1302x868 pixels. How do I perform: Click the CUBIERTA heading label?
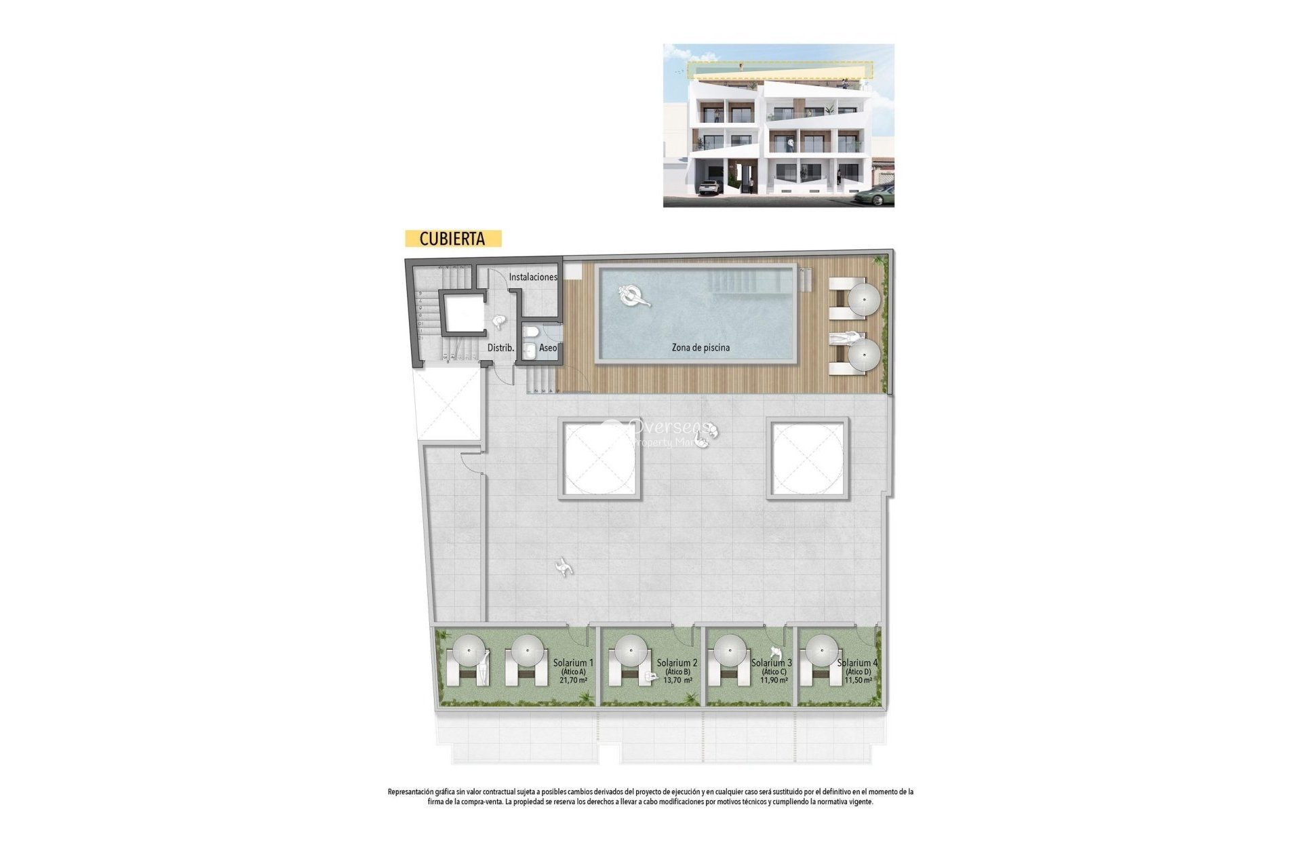coord(452,239)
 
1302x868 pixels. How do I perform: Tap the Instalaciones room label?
coord(533,277)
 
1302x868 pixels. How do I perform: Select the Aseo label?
coord(548,348)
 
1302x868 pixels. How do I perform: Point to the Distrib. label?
coord(500,348)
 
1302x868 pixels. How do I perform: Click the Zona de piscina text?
coord(701,348)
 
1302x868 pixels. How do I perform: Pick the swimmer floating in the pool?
coord(634,296)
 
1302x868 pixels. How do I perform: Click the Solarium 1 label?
coord(573,663)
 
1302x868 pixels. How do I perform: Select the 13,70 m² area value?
coord(677,680)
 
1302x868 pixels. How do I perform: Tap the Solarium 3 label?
coord(772,663)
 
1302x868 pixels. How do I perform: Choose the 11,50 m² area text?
coord(858,680)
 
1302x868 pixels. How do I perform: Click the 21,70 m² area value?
coord(573,680)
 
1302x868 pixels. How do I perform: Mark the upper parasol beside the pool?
coord(865,299)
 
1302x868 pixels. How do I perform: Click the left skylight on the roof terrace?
coord(599,458)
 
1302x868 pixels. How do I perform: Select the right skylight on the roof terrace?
coord(808,458)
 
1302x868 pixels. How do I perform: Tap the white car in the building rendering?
coord(709,187)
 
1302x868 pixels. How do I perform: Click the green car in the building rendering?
coord(875,197)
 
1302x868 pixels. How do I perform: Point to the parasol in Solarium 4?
coord(821,651)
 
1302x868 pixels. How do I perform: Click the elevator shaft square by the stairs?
coord(462,313)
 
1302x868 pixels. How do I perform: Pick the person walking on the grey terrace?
coord(563,568)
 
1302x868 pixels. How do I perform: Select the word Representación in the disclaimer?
coord(410,791)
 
